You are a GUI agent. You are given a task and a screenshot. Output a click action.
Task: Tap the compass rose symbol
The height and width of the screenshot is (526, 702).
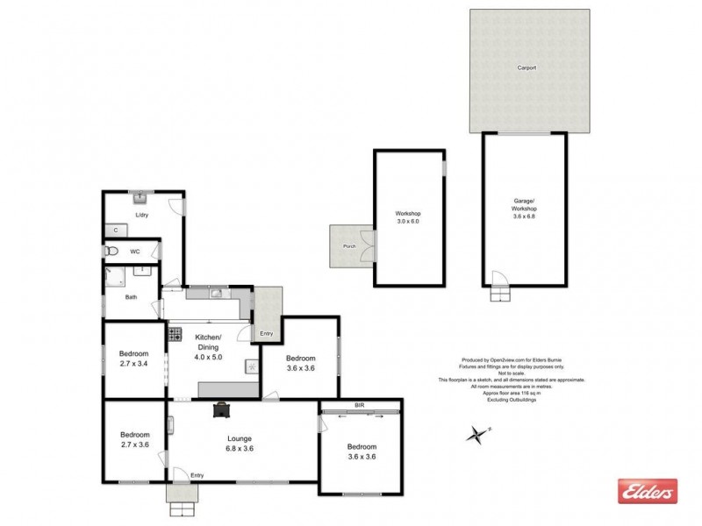[x=477, y=434]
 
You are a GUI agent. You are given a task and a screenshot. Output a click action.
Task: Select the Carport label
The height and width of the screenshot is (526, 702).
[x=526, y=68]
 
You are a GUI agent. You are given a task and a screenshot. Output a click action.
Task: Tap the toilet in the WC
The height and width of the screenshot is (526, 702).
[x=110, y=251]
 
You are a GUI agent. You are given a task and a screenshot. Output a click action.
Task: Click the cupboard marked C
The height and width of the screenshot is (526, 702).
[x=116, y=230]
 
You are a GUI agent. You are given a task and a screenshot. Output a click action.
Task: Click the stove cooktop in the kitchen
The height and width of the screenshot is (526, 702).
[x=175, y=333]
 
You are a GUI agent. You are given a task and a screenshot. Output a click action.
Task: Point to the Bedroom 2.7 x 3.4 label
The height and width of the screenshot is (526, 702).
[x=133, y=359]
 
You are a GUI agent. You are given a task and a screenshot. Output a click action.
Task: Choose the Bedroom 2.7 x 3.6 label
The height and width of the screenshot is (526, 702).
[x=133, y=439]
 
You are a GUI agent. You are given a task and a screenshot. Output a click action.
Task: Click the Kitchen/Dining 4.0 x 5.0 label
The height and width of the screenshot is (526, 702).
[x=208, y=347]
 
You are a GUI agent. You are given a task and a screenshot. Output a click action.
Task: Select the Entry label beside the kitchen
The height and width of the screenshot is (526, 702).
[x=267, y=333]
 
